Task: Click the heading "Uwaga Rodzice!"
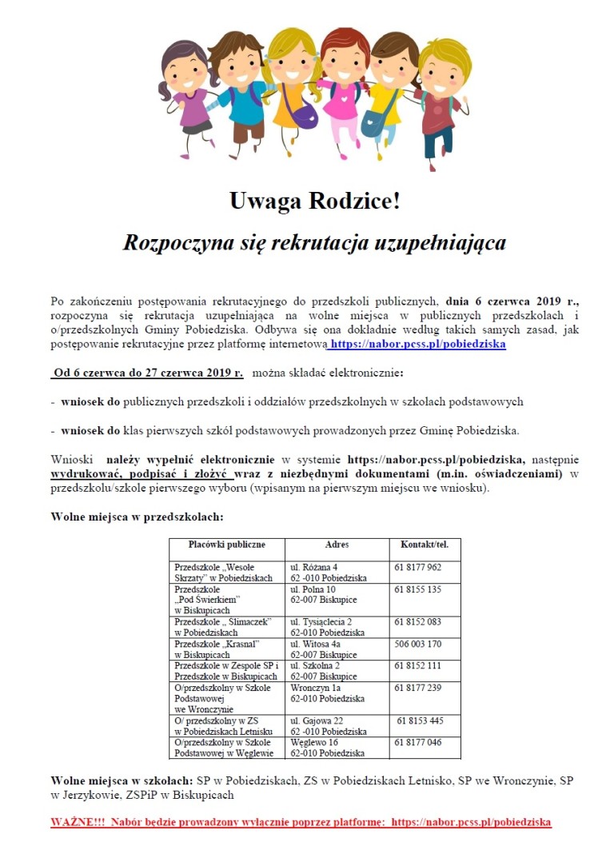314,202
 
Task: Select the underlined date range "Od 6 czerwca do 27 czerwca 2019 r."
148,373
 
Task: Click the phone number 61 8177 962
417,567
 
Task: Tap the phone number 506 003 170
417,644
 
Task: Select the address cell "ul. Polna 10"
313,589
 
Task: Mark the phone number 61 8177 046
417,743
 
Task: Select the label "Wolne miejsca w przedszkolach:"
137,517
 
